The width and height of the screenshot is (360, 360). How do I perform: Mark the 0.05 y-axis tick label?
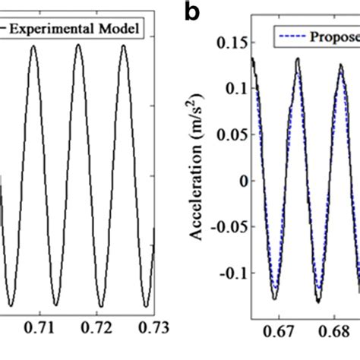tap(229, 134)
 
